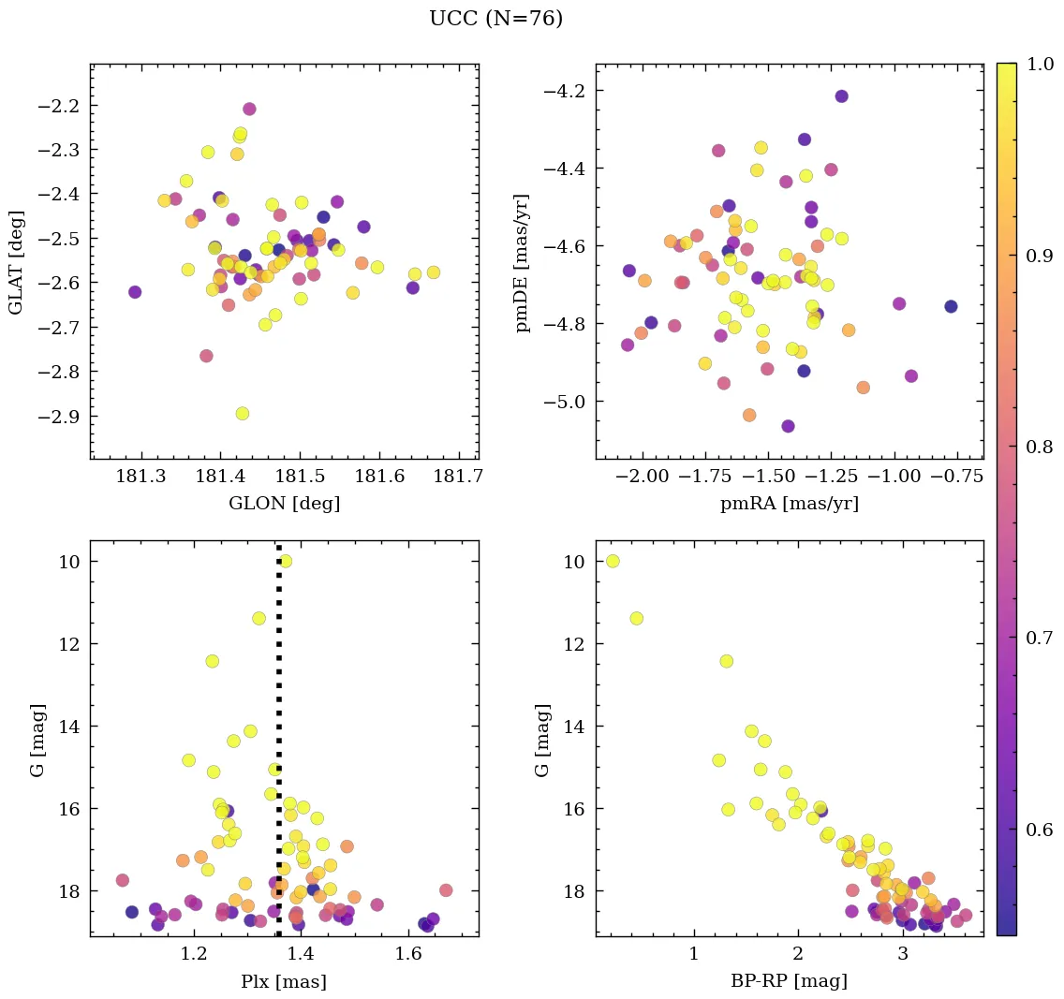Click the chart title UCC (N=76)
(x=495, y=19)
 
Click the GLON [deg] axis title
(x=284, y=503)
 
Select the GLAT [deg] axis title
(x=16, y=261)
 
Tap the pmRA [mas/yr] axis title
(x=789, y=503)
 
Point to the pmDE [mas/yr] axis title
(x=522, y=261)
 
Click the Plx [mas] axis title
(x=284, y=981)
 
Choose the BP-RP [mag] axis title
(x=789, y=981)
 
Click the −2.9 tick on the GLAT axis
(x=58, y=416)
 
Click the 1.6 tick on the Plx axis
(x=408, y=955)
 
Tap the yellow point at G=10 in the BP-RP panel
(x=613, y=561)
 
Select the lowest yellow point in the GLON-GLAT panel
(x=243, y=413)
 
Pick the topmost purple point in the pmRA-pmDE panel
(x=841, y=96)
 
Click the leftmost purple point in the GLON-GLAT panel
(x=135, y=292)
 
